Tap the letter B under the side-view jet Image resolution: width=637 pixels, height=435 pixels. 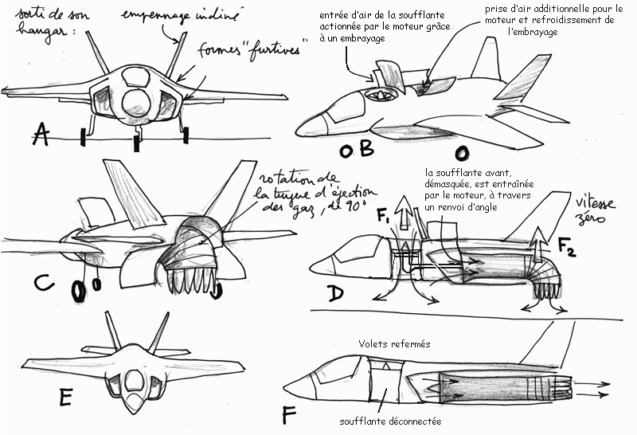click(361, 151)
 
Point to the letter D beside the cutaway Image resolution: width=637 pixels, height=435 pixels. click(338, 294)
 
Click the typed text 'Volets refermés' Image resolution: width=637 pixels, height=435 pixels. click(393, 344)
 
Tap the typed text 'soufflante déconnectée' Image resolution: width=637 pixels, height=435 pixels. click(390, 421)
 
